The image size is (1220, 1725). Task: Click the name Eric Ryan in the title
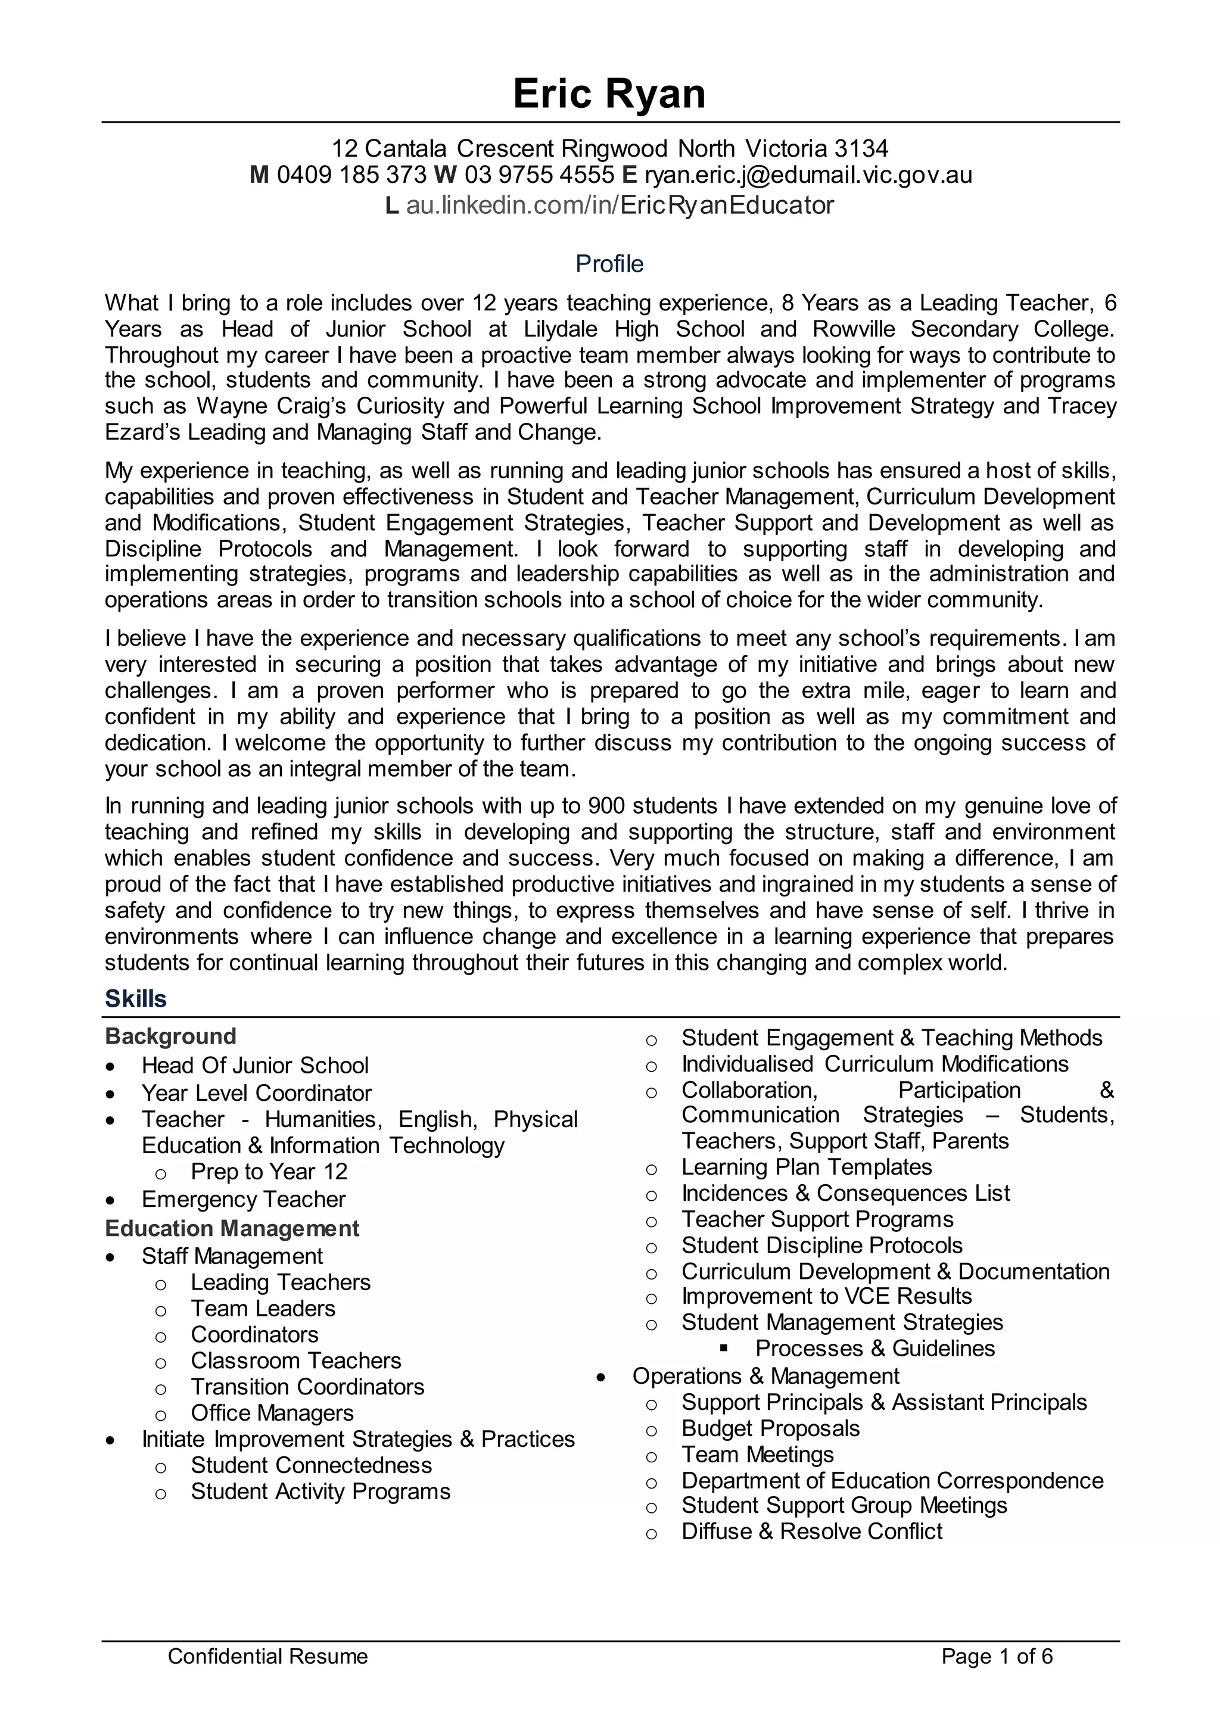[x=609, y=95]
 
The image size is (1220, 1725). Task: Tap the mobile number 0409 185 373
[x=351, y=175]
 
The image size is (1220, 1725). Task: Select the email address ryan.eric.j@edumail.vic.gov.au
[x=808, y=175]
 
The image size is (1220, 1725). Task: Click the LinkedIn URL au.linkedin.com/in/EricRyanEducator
[x=620, y=205]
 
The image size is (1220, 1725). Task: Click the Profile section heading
[x=609, y=264]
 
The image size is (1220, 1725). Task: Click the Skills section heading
[x=136, y=998]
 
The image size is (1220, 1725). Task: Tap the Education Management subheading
[x=232, y=1228]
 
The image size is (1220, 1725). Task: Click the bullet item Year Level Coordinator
[x=256, y=1093]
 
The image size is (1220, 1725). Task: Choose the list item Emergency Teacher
[x=244, y=1199]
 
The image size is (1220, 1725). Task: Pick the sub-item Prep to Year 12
[x=269, y=1171]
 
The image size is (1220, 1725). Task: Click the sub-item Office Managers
[x=272, y=1412]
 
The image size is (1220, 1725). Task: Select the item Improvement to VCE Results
[x=826, y=1296]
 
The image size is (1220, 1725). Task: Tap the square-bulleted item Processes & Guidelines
[x=875, y=1348]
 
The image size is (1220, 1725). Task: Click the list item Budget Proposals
[x=770, y=1428]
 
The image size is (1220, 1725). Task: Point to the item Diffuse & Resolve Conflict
[x=811, y=1531]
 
